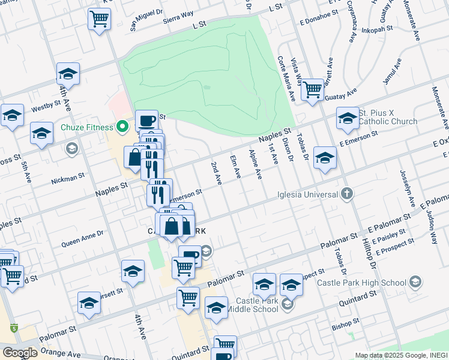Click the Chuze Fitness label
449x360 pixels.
(86, 127)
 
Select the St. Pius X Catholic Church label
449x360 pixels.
(388, 117)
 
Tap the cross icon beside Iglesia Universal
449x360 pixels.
(346, 193)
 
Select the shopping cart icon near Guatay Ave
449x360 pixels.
(312, 90)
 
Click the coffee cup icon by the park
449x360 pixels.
(146, 121)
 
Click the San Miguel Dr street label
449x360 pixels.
(146, 20)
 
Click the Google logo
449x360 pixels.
(20, 353)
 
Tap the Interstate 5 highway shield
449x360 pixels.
(13, 328)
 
